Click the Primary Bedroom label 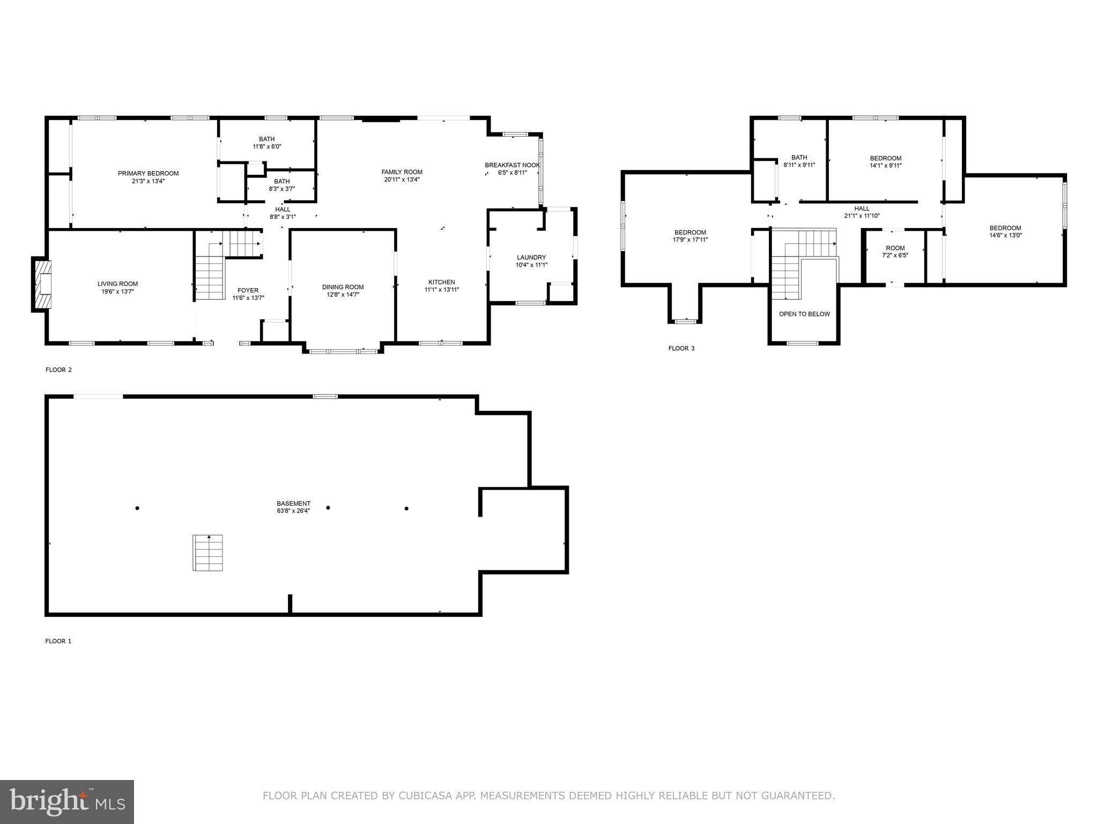[148, 173]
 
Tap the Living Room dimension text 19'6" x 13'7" [117, 292]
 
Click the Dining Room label [343, 287]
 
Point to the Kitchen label [441, 282]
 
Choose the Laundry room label [531, 257]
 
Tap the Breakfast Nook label [512, 165]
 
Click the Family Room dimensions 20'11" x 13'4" [402, 180]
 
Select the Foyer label [248, 290]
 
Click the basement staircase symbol [207, 553]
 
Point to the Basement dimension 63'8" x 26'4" [293, 511]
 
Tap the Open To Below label [804, 314]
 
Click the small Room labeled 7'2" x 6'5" [895, 251]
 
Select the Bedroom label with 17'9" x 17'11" [690, 232]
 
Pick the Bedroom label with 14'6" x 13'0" [1005, 227]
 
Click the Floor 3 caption [681, 348]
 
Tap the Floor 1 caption [58, 641]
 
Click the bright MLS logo [67, 801]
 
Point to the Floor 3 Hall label [862, 209]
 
